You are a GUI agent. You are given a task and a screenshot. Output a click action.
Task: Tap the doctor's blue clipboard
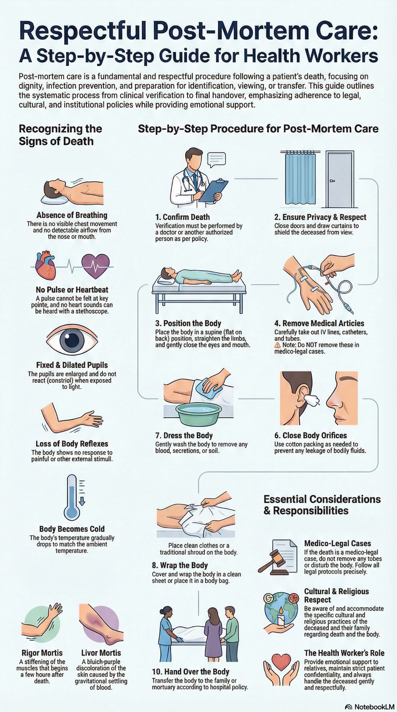(x=213, y=190)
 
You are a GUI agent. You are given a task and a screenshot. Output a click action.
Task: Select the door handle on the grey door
(x=332, y=181)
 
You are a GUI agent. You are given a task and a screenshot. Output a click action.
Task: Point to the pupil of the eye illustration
(x=72, y=341)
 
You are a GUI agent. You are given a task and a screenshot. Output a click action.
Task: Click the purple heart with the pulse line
(x=95, y=266)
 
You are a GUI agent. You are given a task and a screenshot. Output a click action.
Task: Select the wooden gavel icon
(x=273, y=561)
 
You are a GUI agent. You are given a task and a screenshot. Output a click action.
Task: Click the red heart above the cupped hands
(x=281, y=661)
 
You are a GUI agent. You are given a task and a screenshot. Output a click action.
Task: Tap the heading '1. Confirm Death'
(x=182, y=217)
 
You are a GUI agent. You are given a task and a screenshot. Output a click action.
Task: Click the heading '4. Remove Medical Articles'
(x=319, y=323)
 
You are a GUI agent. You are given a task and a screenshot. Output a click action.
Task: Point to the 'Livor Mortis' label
(x=101, y=653)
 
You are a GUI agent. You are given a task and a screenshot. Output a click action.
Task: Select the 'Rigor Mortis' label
(x=42, y=653)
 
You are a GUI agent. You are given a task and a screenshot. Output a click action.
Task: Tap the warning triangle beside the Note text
(x=277, y=345)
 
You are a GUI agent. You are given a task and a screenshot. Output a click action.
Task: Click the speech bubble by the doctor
(x=217, y=159)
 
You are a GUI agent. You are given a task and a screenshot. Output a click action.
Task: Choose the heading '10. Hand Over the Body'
(x=190, y=672)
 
